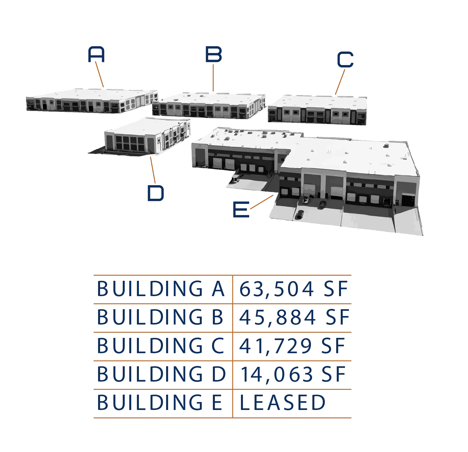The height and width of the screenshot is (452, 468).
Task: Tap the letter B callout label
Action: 213,55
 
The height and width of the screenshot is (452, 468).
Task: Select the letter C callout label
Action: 344,59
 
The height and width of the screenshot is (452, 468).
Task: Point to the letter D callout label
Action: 156,193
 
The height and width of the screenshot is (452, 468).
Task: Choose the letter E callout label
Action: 240,209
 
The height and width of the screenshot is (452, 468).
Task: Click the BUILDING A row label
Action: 161,289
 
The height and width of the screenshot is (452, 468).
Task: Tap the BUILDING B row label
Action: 161,317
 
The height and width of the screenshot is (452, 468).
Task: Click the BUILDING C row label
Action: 161,346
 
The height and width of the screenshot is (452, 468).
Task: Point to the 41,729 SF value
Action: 292,346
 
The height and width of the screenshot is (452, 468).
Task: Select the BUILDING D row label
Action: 162,374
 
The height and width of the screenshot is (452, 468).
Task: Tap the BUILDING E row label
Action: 161,402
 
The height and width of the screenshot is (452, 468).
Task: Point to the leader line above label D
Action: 153,170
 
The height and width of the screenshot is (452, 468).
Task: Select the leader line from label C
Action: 340,82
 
